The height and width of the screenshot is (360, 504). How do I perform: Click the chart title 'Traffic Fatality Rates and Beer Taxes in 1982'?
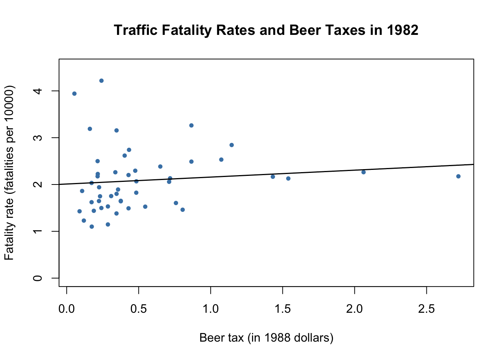tap(266, 30)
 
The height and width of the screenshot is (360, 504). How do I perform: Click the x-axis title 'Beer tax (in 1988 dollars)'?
tap(266, 337)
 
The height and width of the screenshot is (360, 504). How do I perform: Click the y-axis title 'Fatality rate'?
tap(9, 172)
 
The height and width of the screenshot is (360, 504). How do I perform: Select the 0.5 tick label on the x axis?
tap(139, 309)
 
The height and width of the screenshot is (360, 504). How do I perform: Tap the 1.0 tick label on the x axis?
tap(211, 309)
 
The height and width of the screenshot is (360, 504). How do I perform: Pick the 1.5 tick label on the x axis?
tap(283, 309)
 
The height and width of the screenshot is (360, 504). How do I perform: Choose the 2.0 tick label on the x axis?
tap(354, 309)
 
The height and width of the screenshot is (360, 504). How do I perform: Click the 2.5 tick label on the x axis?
tap(426, 309)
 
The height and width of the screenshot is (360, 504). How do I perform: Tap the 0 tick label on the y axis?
tap(37, 278)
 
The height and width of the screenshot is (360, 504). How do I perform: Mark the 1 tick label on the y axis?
tap(37, 231)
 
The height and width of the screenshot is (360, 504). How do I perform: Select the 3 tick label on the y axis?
tap(37, 138)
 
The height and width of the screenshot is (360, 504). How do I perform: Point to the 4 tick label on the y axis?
tap(37, 91)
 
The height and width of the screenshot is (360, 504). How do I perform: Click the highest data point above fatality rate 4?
tap(101, 81)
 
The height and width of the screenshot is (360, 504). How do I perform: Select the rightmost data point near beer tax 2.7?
tap(458, 176)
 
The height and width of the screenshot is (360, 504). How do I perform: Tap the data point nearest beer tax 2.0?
tap(363, 172)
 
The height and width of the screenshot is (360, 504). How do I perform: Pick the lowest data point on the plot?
tap(91, 226)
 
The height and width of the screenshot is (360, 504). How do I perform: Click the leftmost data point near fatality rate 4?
tap(74, 94)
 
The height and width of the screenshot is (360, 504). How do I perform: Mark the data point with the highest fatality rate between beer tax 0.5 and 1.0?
tap(191, 125)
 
